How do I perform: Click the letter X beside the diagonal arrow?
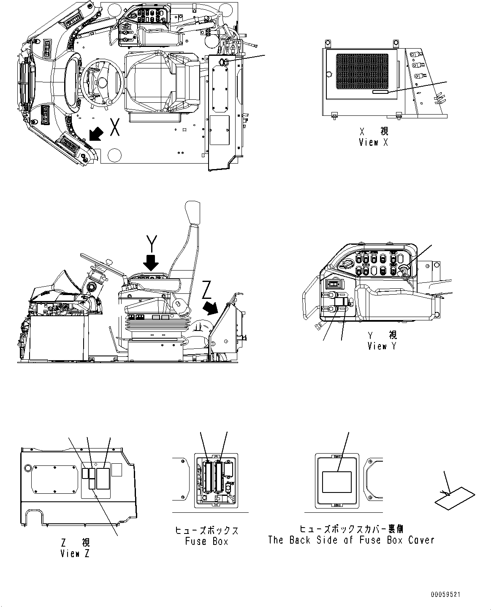[114, 127]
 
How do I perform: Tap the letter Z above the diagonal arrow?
[206, 290]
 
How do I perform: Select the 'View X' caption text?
[373, 142]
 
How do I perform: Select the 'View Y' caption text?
[382, 346]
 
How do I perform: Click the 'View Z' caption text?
[75, 553]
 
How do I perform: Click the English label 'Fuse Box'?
[206, 541]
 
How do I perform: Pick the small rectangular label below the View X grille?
[381, 92]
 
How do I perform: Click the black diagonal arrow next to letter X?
[95, 134]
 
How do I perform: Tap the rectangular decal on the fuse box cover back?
[336, 482]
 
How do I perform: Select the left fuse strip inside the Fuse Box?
[208, 478]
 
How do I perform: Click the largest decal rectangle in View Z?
[103, 479]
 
